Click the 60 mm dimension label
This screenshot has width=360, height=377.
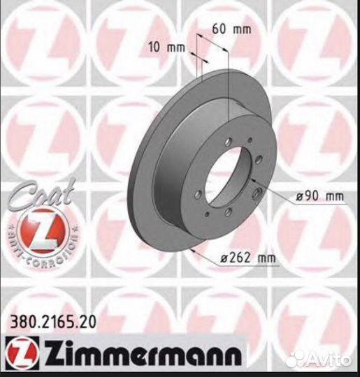227,30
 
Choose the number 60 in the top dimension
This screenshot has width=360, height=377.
218,30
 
